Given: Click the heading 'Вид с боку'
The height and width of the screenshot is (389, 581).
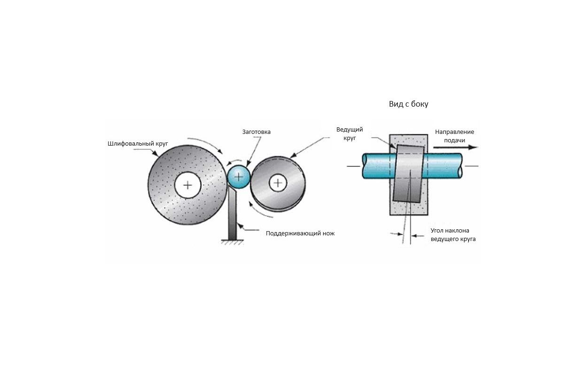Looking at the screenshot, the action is [409, 104].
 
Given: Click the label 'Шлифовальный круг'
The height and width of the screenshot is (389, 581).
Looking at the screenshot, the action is [138, 144].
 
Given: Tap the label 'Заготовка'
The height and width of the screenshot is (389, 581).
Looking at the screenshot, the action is [256, 132].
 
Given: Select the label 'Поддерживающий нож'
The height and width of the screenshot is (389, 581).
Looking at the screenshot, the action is [300, 233].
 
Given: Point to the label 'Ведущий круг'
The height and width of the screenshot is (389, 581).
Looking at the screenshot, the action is [349, 133].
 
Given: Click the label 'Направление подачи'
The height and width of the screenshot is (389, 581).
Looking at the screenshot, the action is [455, 136].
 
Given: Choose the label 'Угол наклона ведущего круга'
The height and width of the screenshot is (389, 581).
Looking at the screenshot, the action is [453, 235].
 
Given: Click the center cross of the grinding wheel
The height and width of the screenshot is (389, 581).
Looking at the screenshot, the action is [187, 185].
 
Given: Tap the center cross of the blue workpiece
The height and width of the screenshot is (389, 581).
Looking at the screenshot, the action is [239, 177].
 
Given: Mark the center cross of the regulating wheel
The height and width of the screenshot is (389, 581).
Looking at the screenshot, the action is [278, 183].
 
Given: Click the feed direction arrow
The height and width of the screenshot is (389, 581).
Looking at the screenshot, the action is [455, 148].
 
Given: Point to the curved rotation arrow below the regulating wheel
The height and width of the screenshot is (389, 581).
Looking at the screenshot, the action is [259, 211].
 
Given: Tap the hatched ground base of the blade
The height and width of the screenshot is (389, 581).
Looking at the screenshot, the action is [232, 242].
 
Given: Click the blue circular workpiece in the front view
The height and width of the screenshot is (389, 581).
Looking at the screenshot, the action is [239, 177].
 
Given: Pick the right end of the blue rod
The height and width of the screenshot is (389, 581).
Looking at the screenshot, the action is [461, 166].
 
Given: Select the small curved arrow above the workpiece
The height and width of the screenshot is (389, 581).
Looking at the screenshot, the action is [234, 162].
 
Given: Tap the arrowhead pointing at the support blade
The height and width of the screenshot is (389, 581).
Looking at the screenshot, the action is [240, 226].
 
